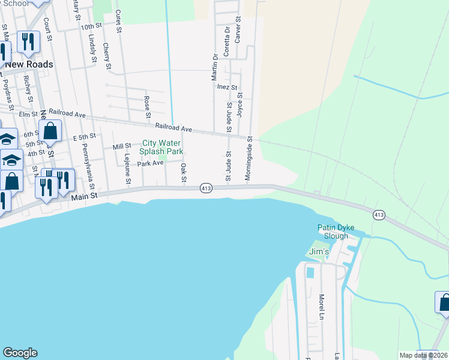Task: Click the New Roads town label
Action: pyautogui.click(x=29, y=64)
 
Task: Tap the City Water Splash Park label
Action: pyautogui.click(x=162, y=147)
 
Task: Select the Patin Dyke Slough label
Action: pyautogui.click(x=336, y=232)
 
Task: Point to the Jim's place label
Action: pyautogui.click(x=319, y=252)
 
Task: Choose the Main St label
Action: pyautogui.click(x=83, y=197)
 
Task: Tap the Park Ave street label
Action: pyautogui.click(x=150, y=163)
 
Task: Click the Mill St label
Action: pyautogui.click(x=122, y=146)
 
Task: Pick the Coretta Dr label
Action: pyautogui.click(x=227, y=41)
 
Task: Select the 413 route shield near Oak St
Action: pyautogui.click(x=206, y=188)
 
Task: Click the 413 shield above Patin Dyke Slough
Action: pyautogui.click(x=379, y=215)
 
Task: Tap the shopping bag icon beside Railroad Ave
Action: pyautogui.click(x=50, y=131)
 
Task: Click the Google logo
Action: pyautogui.click(x=20, y=353)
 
